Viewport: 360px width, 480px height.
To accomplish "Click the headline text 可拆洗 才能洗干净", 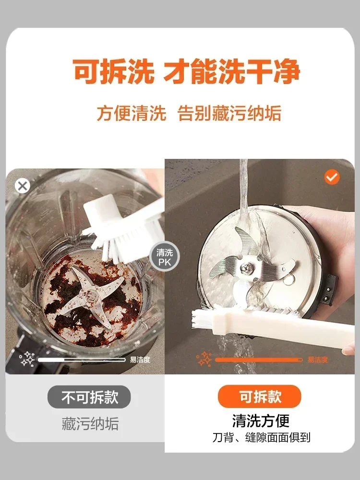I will pos(187,72).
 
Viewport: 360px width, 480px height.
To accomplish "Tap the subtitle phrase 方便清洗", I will pos(131,114).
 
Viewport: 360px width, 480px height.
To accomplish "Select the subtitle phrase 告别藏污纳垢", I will pos(229,114).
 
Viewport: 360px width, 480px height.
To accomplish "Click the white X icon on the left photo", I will pos(22,186).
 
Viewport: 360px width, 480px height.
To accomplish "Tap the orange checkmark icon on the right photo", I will pos(332,177).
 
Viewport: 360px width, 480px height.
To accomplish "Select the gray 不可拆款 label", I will pos(89,397).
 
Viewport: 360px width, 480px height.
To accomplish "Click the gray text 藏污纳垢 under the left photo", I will pos(90,423).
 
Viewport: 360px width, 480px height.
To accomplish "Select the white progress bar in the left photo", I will pos(82,360).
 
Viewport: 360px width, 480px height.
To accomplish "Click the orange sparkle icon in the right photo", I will pos(204,359).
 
